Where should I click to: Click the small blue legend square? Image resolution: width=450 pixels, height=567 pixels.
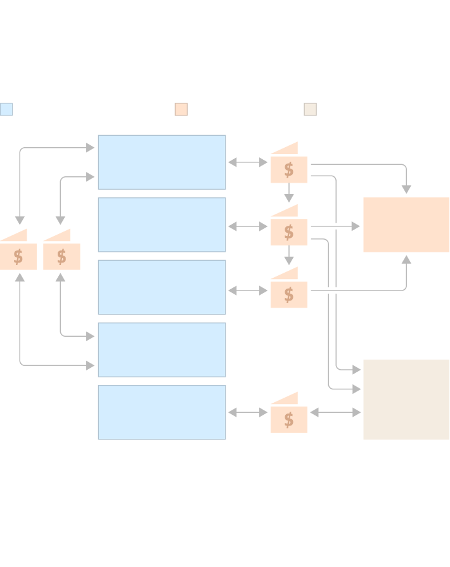point(6,109)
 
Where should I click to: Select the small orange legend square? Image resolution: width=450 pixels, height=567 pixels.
point(181,109)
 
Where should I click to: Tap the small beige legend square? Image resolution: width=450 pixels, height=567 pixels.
point(311,109)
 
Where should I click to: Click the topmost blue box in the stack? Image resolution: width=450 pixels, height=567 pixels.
point(162,162)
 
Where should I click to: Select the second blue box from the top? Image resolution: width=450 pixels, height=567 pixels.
point(162,225)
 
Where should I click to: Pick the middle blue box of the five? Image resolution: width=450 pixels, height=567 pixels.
point(162,287)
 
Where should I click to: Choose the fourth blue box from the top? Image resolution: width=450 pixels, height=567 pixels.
point(162,349)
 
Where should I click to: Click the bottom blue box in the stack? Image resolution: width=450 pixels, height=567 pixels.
point(162,412)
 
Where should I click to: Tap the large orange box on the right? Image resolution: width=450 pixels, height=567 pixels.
point(406,225)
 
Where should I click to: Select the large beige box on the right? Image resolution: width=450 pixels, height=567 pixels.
point(406,400)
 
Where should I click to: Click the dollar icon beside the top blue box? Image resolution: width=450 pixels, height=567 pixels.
point(289,169)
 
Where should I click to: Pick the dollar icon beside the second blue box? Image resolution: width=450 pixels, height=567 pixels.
point(289,231)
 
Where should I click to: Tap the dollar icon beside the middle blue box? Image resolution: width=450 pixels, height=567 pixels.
point(289,294)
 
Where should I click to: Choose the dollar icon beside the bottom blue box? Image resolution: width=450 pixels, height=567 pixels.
point(289,419)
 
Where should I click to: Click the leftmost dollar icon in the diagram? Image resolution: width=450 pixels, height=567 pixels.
point(18,256)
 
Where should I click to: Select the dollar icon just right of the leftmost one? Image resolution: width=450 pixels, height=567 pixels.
point(61,256)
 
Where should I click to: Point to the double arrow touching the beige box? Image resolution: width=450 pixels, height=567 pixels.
point(335,412)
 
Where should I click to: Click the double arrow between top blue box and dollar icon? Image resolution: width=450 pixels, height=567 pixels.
point(248,162)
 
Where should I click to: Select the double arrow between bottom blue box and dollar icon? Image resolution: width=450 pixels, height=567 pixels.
point(248,412)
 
